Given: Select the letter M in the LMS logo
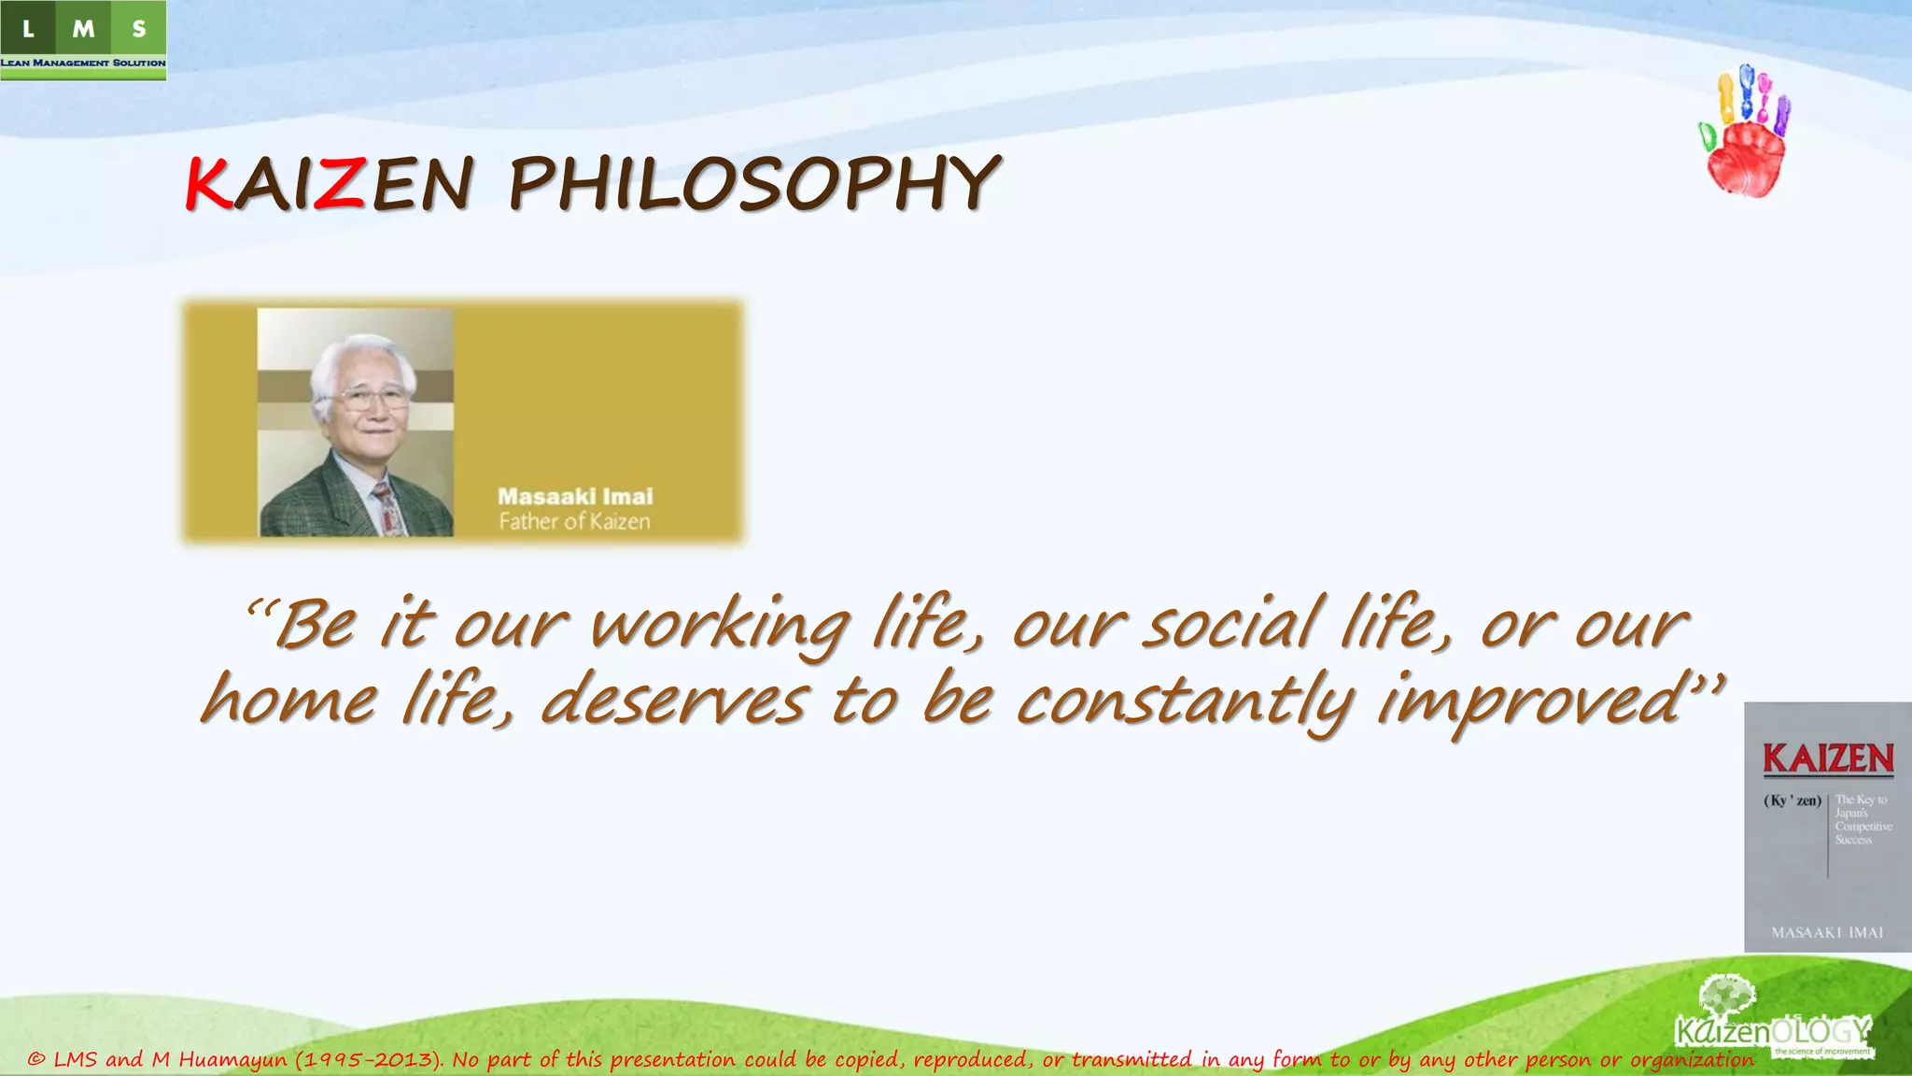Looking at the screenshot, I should pyautogui.click(x=83, y=29).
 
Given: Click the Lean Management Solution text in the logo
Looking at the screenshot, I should pyautogui.click(x=83, y=63).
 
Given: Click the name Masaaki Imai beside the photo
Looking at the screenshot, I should pyautogui.click(x=575, y=497).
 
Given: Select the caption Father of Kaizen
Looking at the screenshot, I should pyautogui.click(x=574, y=522).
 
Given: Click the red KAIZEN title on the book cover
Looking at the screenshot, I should pyautogui.click(x=1828, y=758).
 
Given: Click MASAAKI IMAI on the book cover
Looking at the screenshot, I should pyautogui.click(x=1827, y=932).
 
